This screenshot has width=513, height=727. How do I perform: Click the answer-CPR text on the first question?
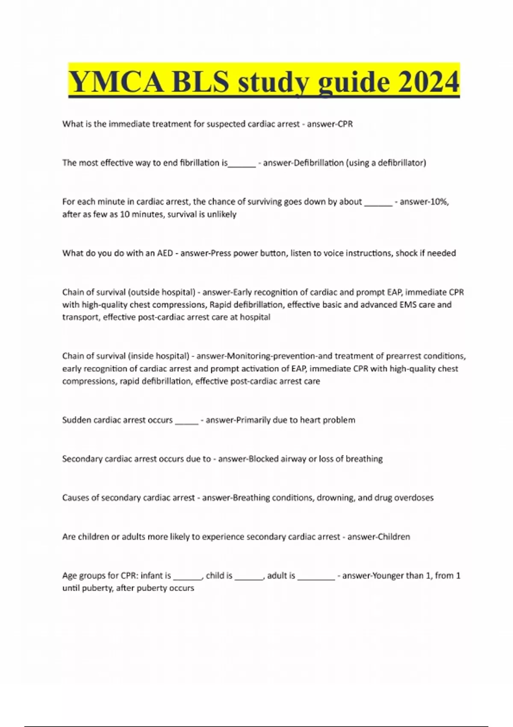point(330,124)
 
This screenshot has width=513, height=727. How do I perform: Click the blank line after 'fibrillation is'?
point(242,164)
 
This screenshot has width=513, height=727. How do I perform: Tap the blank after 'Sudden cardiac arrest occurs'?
point(187,422)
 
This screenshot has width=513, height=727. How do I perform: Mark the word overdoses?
point(413,498)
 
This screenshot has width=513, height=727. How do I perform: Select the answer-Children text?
point(378,537)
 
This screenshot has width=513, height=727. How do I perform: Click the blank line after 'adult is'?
point(316,577)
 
